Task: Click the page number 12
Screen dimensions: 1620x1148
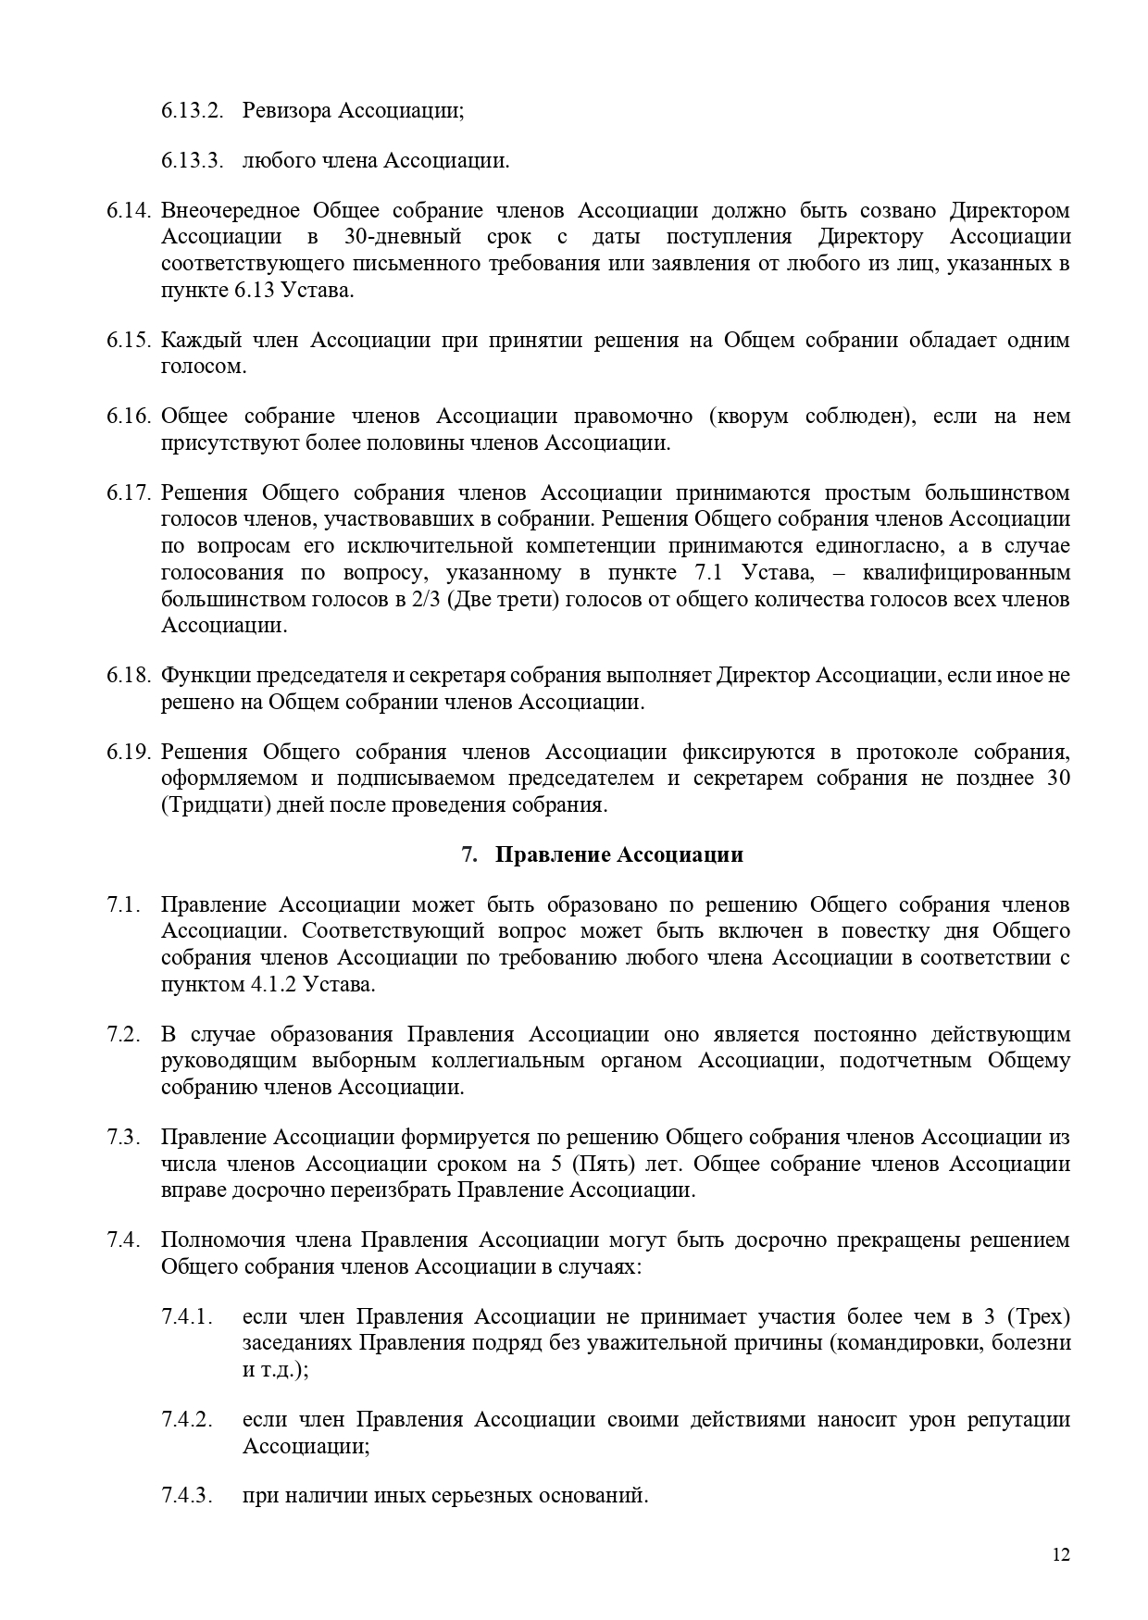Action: (1061, 1554)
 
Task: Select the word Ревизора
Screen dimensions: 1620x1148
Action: (286, 110)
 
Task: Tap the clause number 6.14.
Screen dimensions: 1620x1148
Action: (128, 211)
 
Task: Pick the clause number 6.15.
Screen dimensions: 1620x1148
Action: (128, 340)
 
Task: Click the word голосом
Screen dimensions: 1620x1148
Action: (204, 366)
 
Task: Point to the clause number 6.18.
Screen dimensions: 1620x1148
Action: (128, 676)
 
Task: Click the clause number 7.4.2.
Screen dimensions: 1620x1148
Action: (187, 1419)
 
